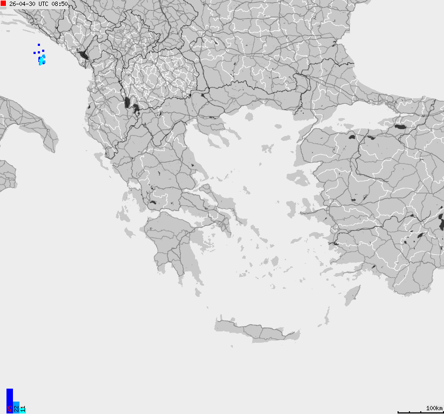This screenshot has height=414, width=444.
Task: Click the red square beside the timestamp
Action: pyautogui.click(x=3, y=3)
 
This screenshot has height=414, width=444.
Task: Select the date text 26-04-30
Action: pyautogui.click(x=22, y=4)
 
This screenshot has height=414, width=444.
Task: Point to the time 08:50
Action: pyautogui.click(x=60, y=4)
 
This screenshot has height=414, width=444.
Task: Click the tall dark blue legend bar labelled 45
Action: pyautogui.click(x=9, y=400)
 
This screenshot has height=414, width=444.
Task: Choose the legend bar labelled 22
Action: pyautogui.click(x=16, y=407)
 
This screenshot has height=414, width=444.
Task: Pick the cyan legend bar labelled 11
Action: pyautogui.click(x=23, y=409)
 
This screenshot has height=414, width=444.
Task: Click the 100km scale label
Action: pyautogui.click(x=434, y=408)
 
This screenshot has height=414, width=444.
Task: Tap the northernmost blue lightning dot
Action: pyautogui.click(x=39, y=45)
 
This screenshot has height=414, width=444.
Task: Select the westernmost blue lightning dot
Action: pyautogui.click(x=35, y=53)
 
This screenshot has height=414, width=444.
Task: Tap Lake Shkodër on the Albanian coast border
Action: pyautogui.click(x=83, y=55)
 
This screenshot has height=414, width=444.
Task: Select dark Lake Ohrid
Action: pyautogui.click(x=127, y=102)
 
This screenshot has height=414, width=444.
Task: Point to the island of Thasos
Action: pyautogui.click(x=249, y=116)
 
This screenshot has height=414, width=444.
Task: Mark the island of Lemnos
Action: pyautogui.click(x=267, y=147)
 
